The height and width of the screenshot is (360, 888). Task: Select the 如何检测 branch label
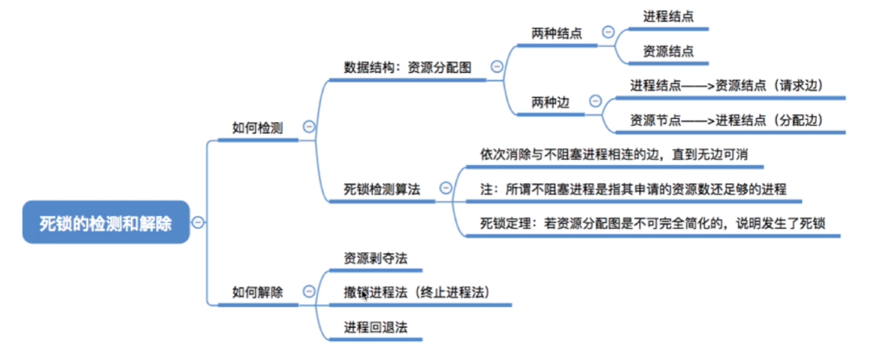pyautogui.click(x=258, y=128)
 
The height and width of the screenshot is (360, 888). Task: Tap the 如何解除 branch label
pyautogui.click(x=258, y=292)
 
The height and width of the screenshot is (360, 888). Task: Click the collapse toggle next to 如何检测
pyautogui.click(x=309, y=127)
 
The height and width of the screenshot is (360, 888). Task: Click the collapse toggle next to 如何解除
pyautogui.click(x=309, y=292)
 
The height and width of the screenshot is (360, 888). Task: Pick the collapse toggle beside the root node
pyautogui.click(x=198, y=223)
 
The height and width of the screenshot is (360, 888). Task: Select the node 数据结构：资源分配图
pyautogui.click(x=408, y=67)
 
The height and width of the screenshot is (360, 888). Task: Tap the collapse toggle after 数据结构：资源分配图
pyautogui.click(x=497, y=66)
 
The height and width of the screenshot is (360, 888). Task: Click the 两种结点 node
pyautogui.click(x=557, y=33)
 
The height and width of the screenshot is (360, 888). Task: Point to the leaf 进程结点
pyautogui.click(x=668, y=16)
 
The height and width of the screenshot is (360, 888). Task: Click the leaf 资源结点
pyautogui.click(x=668, y=50)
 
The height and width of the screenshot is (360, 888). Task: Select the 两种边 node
pyautogui.click(x=551, y=102)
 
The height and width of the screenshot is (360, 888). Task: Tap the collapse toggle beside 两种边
pyautogui.click(x=595, y=101)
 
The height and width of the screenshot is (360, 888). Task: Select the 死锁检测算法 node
pyautogui.click(x=388, y=189)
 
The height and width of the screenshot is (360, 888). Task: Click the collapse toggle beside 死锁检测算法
pyautogui.click(x=446, y=187)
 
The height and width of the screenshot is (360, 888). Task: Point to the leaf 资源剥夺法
pyautogui.click(x=375, y=258)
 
